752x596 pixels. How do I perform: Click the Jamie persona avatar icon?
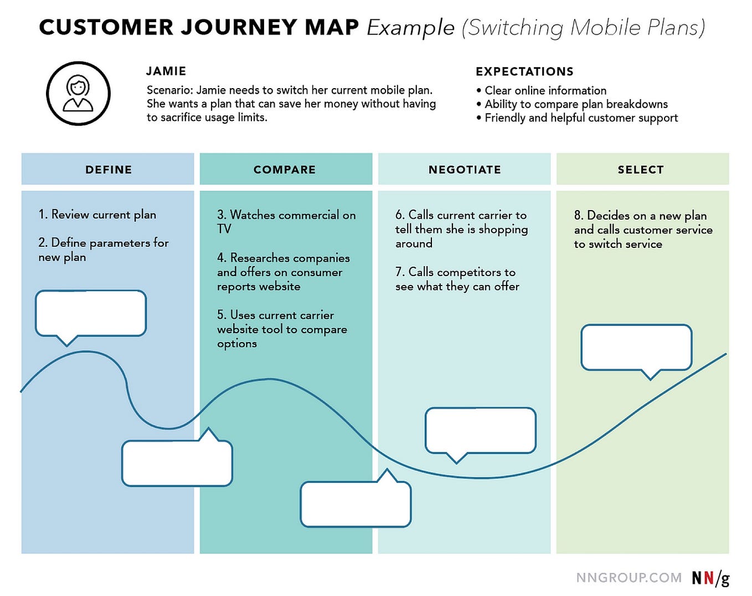(78, 93)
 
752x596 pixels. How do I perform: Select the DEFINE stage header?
(108, 170)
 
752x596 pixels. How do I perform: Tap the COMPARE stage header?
(285, 170)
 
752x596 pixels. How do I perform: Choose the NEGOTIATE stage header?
(465, 170)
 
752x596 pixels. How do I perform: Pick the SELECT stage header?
(641, 170)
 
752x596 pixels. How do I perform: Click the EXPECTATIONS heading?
(524, 72)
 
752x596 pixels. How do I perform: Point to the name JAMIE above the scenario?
(166, 71)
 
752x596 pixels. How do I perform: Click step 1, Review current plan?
(97, 215)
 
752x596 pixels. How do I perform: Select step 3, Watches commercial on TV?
(286, 221)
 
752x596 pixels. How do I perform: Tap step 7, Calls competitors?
(457, 279)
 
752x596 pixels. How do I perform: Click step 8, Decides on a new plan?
(642, 230)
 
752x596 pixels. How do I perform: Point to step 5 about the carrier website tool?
(281, 329)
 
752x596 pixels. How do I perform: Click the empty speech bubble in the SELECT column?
(636, 347)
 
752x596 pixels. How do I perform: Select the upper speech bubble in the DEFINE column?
(91, 313)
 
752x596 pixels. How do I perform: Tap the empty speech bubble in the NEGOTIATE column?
(480, 430)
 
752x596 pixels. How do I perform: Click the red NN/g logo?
(710, 578)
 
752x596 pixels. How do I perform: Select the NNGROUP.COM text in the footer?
(629, 578)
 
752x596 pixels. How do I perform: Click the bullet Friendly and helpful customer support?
(580, 118)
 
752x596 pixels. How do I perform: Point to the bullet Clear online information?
(545, 90)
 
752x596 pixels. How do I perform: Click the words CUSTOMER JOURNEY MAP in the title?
(199, 28)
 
